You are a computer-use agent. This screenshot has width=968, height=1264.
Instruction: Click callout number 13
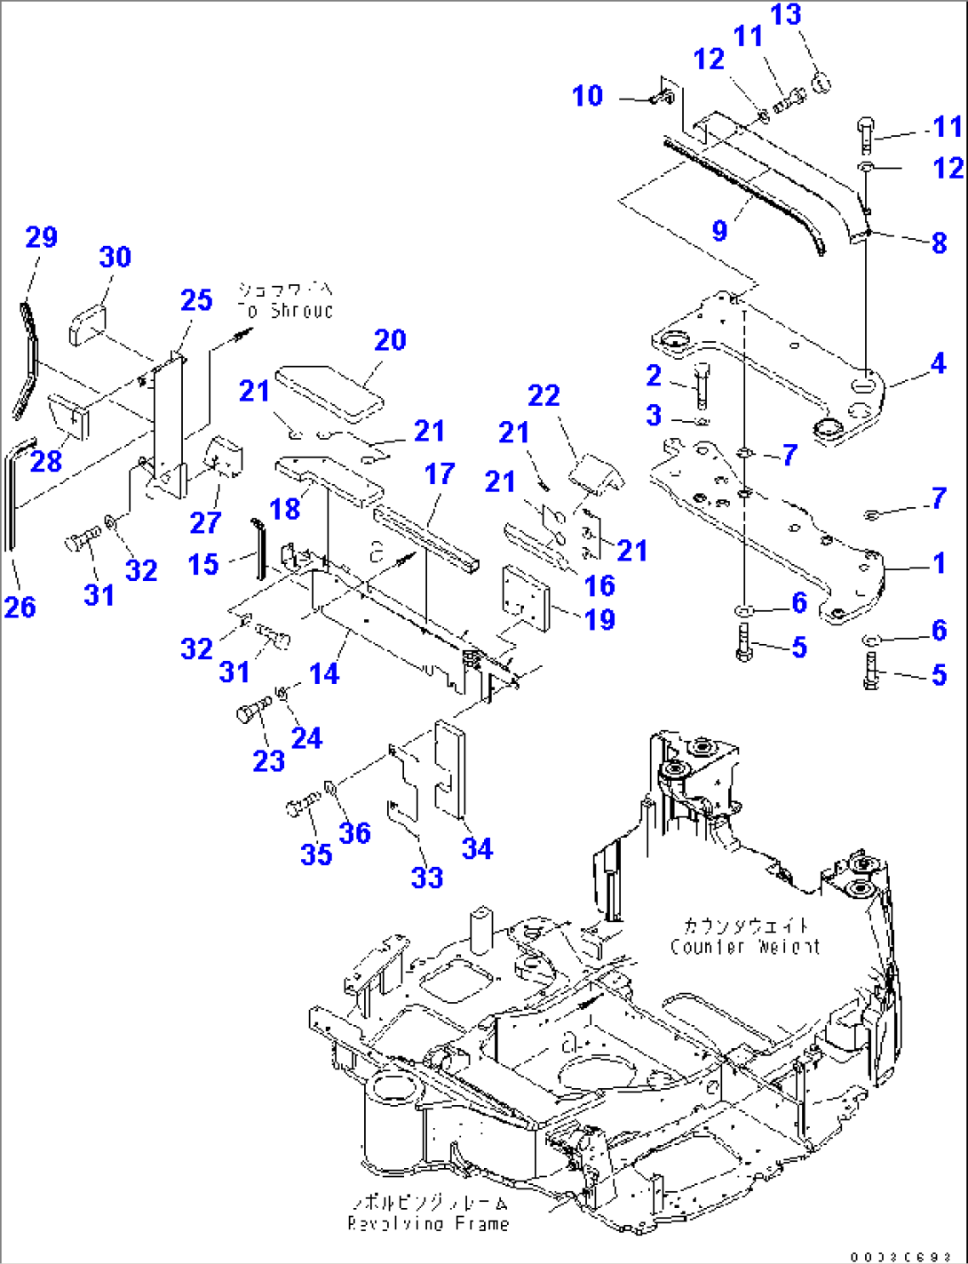(x=785, y=15)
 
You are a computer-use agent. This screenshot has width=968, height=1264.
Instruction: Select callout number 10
(x=587, y=96)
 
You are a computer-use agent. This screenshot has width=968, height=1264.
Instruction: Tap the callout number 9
(x=719, y=230)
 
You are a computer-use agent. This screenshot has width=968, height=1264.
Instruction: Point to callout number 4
(x=938, y=363)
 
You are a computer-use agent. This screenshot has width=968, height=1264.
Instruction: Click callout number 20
(x=390, y=340)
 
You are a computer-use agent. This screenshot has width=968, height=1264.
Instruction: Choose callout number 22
(x=544, y=395)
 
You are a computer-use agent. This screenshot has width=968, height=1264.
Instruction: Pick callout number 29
(x=41, y=237)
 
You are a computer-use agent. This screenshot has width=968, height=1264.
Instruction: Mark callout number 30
(x=115, y=258)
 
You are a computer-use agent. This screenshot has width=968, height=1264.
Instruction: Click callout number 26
(x=20, y=608)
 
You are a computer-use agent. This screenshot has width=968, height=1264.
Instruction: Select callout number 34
(x=477, y=849)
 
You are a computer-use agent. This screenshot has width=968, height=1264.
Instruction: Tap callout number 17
(x=440, y=474)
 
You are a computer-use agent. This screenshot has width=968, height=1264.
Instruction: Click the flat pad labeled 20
(x=329, y=391)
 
